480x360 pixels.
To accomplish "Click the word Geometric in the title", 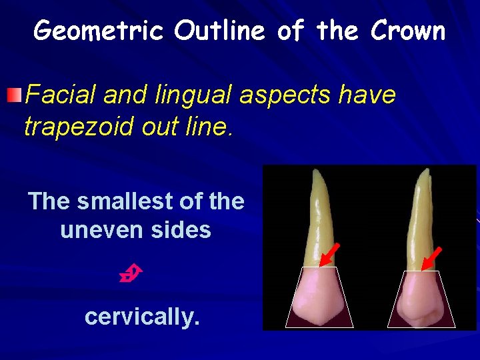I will (x=99, y=31).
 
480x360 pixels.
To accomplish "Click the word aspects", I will (x=281, y=96).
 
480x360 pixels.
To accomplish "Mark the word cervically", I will (x=142, y=317).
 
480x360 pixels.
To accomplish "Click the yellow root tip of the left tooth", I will (x=315, y=177).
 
